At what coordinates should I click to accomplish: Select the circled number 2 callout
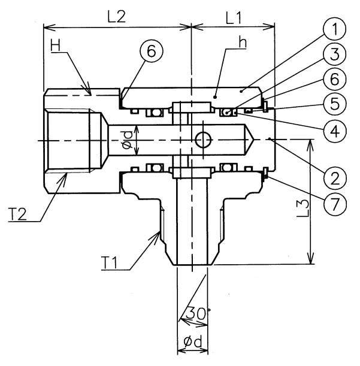point(334,177)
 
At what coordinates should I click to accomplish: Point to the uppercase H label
point(56,46)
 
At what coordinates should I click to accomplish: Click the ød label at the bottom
point(192,344)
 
